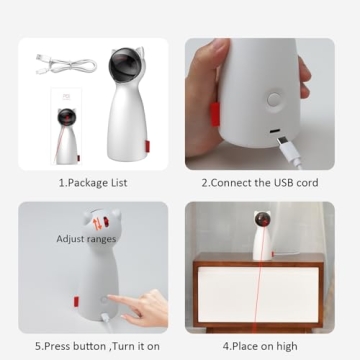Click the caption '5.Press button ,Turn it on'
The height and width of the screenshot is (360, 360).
pos(88,348)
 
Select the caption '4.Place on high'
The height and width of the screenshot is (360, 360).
pos(264,348)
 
